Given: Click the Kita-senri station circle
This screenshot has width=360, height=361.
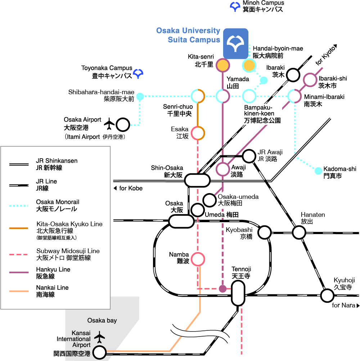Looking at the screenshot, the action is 222,65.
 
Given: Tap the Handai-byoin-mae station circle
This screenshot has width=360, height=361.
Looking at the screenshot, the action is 249,65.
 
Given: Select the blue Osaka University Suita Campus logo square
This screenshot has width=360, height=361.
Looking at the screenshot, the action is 235,44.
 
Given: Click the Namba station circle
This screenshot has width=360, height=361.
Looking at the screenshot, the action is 198,259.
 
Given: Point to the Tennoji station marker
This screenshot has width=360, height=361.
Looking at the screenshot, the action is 238,293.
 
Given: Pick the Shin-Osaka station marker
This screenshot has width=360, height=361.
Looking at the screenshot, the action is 197,180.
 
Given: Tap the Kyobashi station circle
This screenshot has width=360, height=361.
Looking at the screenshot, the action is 264,232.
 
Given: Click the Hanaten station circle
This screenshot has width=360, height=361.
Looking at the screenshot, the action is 299,232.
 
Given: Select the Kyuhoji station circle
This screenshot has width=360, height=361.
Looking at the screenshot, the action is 327,296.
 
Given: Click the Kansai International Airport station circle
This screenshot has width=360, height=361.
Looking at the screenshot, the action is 99,352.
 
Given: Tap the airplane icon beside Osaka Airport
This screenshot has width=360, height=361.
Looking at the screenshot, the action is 109,124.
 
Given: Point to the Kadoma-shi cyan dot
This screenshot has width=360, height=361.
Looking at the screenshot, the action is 318,171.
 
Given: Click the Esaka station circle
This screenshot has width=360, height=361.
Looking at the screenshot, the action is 198,133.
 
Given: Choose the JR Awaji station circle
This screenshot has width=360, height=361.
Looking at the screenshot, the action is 249,156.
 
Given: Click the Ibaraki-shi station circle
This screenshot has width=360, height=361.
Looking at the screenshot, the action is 310,80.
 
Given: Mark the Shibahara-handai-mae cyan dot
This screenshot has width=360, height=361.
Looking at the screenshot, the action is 140,96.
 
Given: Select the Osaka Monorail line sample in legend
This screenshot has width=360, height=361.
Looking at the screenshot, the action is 19,206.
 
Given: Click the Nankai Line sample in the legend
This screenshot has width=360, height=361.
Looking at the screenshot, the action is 19,291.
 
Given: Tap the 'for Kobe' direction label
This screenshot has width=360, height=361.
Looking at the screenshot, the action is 128,188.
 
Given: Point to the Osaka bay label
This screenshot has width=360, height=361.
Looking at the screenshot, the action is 102,320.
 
